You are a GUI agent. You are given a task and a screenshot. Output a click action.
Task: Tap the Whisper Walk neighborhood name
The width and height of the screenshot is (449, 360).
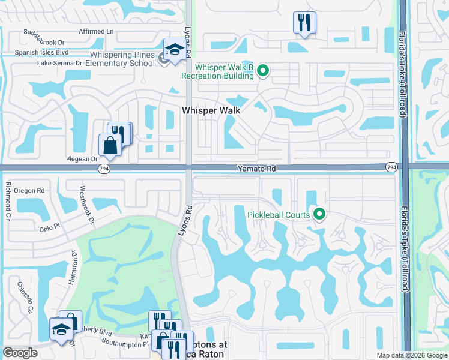[211, 110]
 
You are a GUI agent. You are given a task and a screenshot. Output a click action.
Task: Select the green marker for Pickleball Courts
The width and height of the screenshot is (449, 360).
[320, 214]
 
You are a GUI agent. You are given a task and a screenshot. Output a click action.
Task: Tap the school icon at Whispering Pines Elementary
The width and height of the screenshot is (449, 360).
[174, 50]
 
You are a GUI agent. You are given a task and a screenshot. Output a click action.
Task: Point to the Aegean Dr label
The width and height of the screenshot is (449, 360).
[85, 159]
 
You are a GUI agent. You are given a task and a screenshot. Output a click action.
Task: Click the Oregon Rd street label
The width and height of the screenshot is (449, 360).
[32, 190]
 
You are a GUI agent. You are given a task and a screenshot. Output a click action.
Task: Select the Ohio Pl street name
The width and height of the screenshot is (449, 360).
[49, 227]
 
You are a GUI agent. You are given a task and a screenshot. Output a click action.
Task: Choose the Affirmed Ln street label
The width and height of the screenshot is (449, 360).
[96, 31]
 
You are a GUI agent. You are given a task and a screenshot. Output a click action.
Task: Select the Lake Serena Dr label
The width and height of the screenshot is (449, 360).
[59, 63]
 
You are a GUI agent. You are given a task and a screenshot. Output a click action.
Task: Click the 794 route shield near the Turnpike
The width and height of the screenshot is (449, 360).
[391, 167]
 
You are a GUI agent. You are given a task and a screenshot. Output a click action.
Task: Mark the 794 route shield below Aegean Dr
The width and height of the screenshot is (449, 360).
[103, 170]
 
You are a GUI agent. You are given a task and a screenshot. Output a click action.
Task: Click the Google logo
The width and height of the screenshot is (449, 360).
[21, 353]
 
